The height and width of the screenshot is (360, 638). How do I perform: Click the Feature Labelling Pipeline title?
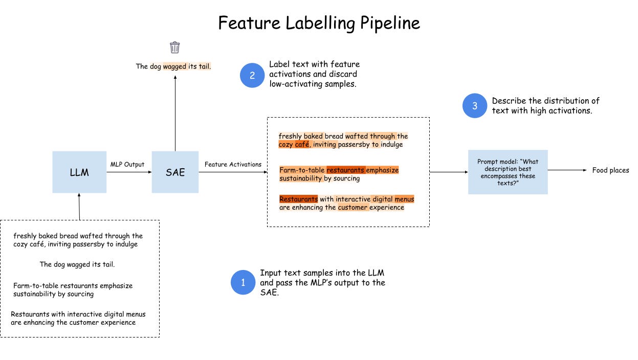[x=319, y=23]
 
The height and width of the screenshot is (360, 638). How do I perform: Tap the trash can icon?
[x=175, y=48]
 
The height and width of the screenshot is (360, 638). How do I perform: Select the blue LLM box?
[x=79, y=172]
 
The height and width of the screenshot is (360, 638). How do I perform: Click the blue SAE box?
[x=175, y=172]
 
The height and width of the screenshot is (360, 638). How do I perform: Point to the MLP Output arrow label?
[x=127, y=164]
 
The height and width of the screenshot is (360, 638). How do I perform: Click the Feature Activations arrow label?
[x=233, y=164]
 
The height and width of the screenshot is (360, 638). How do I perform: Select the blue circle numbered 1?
[x=243, y=282]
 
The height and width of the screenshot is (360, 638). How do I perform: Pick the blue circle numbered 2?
[x=252, y=75]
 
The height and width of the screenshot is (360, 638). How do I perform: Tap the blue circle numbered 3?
[x=475, y=106]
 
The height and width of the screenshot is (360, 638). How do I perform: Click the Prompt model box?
[x=508, y=172]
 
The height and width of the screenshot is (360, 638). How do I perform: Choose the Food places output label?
[x=610, y=170]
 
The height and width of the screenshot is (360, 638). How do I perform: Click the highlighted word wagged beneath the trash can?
[x=174, y=66]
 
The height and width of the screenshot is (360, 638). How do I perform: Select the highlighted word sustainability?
[x=301, y=178]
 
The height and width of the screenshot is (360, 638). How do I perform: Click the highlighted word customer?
[x=353, y=208]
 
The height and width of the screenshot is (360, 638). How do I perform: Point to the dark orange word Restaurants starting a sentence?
[x=298, y=199]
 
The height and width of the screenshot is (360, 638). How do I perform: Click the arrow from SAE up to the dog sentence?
[x=175, y=112]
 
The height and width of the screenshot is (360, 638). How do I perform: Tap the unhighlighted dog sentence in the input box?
[x=77, y=265]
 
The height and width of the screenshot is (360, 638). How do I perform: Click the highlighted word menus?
[x=404, y=199]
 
